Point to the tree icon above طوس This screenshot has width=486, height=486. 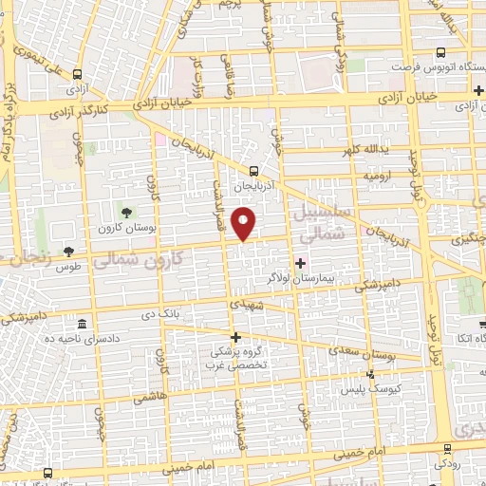67,252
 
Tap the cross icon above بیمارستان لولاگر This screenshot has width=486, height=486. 301,263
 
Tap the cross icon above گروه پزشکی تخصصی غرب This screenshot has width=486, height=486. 236,337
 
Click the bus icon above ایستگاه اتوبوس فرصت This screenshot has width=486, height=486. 439,53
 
